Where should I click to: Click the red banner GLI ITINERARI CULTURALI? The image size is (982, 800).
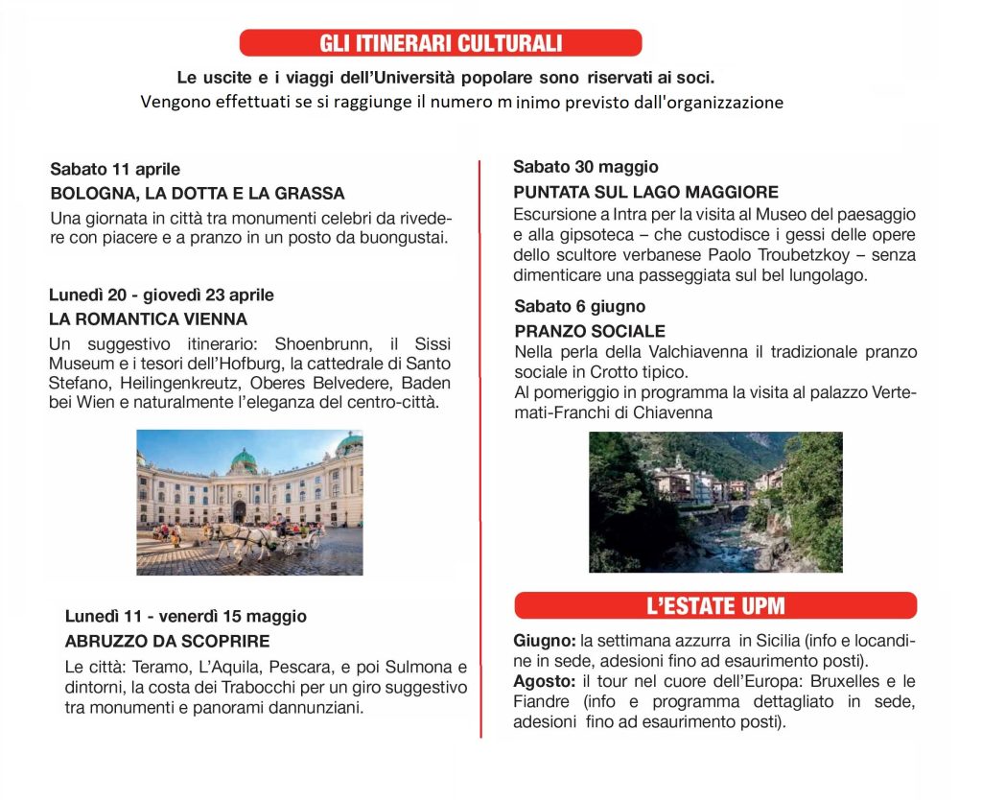pyautogui.click(x=440, y=43)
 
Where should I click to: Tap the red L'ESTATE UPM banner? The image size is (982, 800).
pyautogui.click(x=715, y=605)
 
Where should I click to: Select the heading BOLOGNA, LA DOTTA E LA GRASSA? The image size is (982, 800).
pyautogui.click(x=198, y=193)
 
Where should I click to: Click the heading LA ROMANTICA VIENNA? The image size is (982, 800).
pyautogui.click(x=148, y=318)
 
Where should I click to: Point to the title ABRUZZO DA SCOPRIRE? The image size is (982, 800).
pyautogui.click(x=167, y=641)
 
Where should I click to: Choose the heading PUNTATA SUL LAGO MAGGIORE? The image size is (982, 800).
pyautogui.click(x=645, y=191)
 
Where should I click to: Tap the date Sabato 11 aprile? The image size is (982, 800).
pyautogui.click(x=115, y=170)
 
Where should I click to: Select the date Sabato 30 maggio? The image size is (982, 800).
pyautogui.click(x=586, y=167)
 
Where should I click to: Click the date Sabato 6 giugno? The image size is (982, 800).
pyautogui.click(x=579, y=307)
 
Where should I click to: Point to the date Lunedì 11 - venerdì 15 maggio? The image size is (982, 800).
pyautogui.click(x=186, y=616)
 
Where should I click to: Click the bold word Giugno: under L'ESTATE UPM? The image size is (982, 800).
pyautogui.click(x=545, y=639)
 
